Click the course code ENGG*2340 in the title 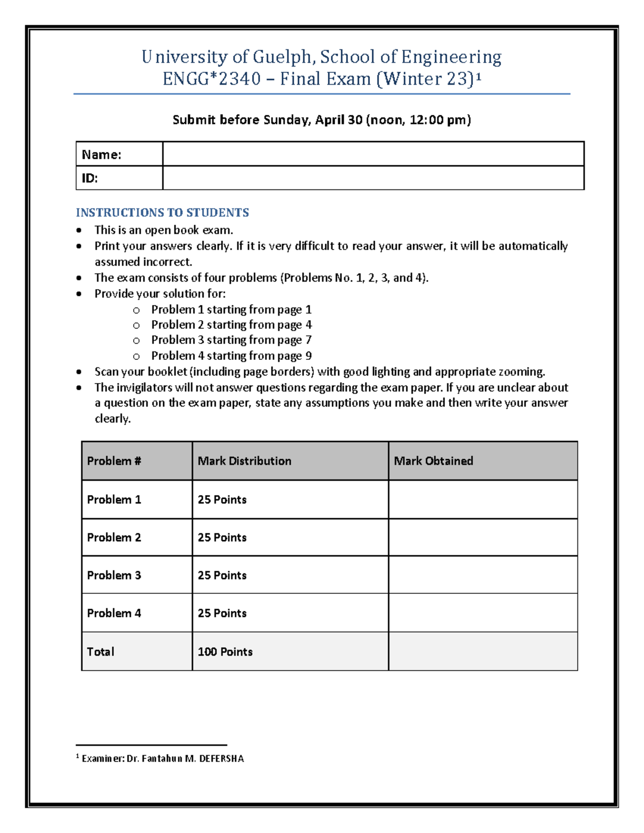coord(211,79)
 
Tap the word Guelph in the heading coord(282,57)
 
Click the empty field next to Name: coord(373,154)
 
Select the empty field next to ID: coord(373,178)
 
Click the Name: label coord(101,155)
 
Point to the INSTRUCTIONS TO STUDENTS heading coord(162,212)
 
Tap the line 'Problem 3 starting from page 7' coord(231,340)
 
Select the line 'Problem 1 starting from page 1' coord(231,309)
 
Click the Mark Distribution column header coord(244,461)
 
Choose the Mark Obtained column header coord(434,461)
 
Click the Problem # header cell coord(114,461)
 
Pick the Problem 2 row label coord(114,537)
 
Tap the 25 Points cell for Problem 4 coord(222,613)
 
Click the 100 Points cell coord(225,652)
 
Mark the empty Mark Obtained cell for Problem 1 coord(482,499)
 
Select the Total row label coord(100,652)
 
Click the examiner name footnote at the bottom coord(162,758)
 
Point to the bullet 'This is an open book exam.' coord(164,230)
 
